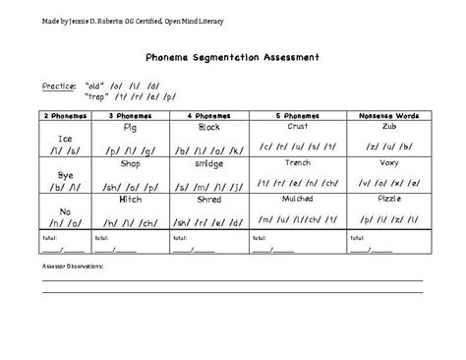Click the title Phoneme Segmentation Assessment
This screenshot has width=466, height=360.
[x=232, y=57]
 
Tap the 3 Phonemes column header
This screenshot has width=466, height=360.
[x=131, y=116]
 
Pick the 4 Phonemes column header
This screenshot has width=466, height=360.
[x=208, y=116]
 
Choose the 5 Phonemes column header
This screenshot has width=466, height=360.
[x=298, y=116]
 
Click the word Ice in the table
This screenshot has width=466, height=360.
[x=65, y=139]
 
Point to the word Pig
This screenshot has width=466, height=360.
[x=131, y=128]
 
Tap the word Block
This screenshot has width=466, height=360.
[x=208, y=128]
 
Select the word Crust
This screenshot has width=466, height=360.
[x=298, y=127]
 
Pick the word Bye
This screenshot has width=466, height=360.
[x=65, y=175]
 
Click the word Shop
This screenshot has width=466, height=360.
[x=131, y=163]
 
